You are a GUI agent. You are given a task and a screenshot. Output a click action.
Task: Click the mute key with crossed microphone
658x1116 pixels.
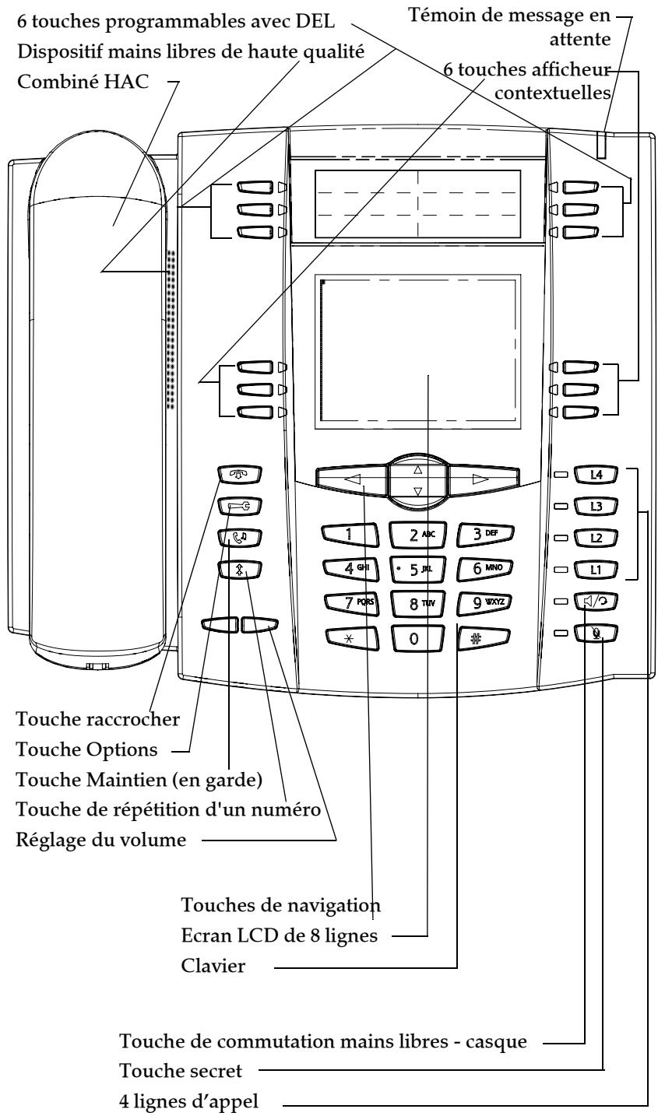[x=597, y=634]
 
